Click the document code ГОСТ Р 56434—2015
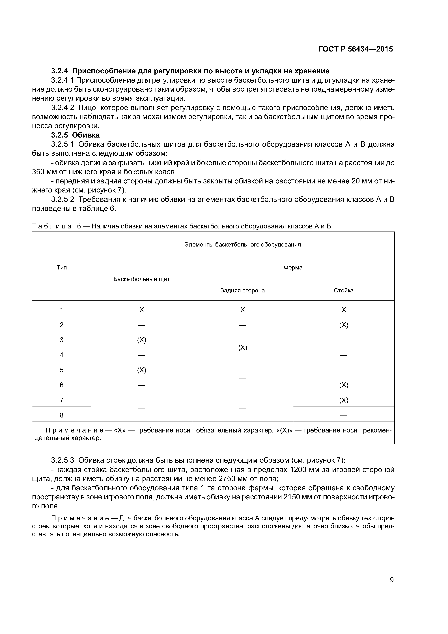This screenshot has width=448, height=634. [356, 49]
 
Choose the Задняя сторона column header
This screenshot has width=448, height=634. [242, 290]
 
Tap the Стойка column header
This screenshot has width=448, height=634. [343, 290]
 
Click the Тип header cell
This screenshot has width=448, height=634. [62, 267]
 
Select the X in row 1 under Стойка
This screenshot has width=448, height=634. [343, 310]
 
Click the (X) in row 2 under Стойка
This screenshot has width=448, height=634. [343, 325]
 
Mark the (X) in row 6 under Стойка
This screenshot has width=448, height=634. [343, 385]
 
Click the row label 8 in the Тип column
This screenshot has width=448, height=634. [62, 415]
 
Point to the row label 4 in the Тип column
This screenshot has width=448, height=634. [62, 355]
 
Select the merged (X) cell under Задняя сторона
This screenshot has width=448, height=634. [242, 347]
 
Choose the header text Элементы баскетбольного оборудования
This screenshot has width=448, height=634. [242, 244]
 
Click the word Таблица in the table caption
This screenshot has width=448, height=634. [52, 226]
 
